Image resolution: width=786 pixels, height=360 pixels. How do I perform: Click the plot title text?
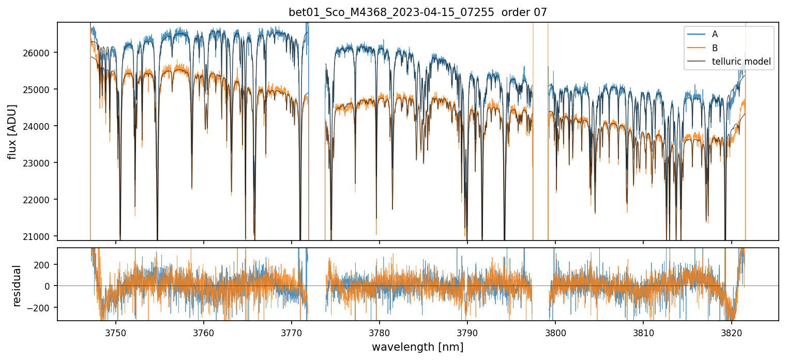click(x=418, y=12)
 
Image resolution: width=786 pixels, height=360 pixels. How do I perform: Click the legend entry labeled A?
click(x=715, y=34)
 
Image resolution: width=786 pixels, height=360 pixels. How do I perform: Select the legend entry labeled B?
click(x=715, y=48)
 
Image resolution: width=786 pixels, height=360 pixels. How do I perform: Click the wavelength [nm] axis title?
click(x=418, y=347)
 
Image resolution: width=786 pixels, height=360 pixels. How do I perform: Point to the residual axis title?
click(x=17, y=286)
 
